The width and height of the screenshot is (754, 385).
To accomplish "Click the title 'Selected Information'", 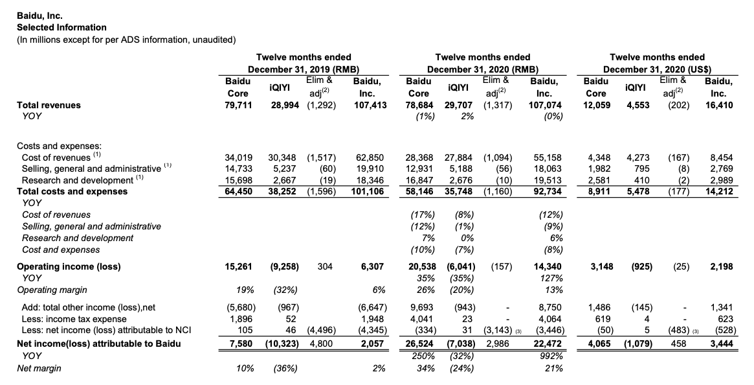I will click(61, 27).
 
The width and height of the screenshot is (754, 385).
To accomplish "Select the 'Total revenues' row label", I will click(49, 105).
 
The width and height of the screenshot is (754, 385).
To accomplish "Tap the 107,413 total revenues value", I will click(371, 105).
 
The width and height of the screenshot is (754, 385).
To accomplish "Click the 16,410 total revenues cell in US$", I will click(720, 105).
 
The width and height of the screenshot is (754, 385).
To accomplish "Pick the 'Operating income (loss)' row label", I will click(69, 266).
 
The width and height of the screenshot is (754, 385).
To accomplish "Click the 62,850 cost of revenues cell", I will click(371, 157).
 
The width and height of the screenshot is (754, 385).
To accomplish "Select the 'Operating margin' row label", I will click(53, 290).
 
